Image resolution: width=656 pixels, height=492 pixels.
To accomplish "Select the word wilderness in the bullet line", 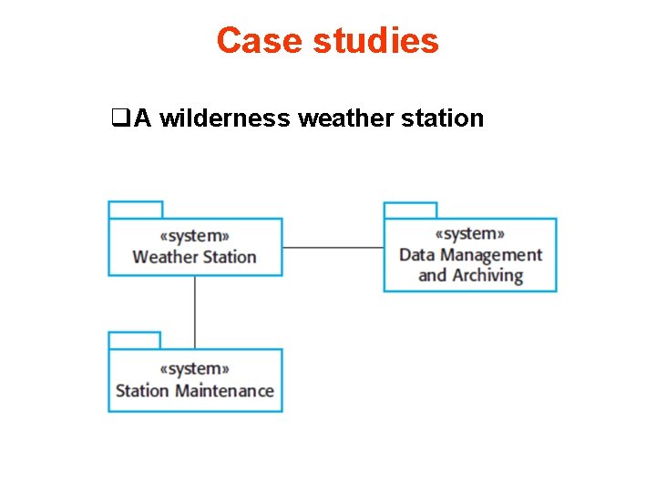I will [x=226, y=118].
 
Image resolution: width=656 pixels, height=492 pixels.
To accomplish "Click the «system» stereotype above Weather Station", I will [x=194, y=235].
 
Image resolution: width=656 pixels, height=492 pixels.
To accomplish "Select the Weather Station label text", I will [x=194, y=257].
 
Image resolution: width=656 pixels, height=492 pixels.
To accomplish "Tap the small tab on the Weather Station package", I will [x=135, y=210].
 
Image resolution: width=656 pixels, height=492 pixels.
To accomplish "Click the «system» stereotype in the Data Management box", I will [x=470, y=234].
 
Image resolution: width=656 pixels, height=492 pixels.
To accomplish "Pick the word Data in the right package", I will [x=417, y=255].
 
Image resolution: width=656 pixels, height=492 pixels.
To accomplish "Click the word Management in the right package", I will [x=491, y=255].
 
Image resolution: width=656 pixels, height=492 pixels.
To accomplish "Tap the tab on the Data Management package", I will [x=410, y=210].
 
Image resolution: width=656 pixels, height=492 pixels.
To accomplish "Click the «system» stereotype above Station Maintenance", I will [x=194, y=369].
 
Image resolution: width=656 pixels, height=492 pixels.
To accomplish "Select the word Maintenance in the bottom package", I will [x=224, y=391].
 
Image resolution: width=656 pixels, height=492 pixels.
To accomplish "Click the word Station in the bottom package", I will [x=142, y=391].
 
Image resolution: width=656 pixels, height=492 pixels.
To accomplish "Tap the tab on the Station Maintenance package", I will [x=134, y=340].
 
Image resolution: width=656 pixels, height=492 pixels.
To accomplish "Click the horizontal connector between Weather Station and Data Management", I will [x=333, y=247].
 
